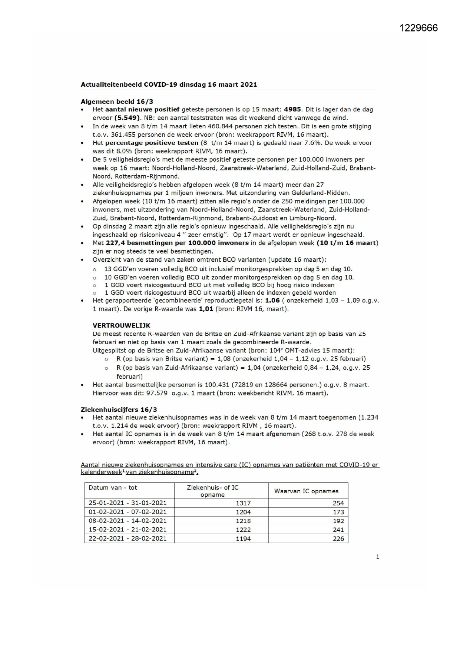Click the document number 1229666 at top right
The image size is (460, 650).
coord(418,28)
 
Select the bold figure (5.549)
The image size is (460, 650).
coord(127,118)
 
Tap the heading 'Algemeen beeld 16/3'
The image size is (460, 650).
coord(117,101)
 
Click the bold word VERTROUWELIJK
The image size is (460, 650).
coord(121,325)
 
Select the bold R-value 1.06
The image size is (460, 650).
coord(272,301)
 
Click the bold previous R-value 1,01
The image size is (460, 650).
coord(206,309)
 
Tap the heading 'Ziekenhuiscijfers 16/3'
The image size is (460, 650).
coord(119,409)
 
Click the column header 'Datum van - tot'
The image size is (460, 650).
coord(113,488)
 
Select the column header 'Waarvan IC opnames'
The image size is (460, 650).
coord(306,491)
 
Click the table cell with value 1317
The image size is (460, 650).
coord(243,503)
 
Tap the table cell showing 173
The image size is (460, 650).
coord(338,512)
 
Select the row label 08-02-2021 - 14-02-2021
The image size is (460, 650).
coord(128,521)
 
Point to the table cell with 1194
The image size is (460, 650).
coord(243,539)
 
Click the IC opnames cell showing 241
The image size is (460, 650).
coord(338,530)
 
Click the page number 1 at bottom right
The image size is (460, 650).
coord(377,557)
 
